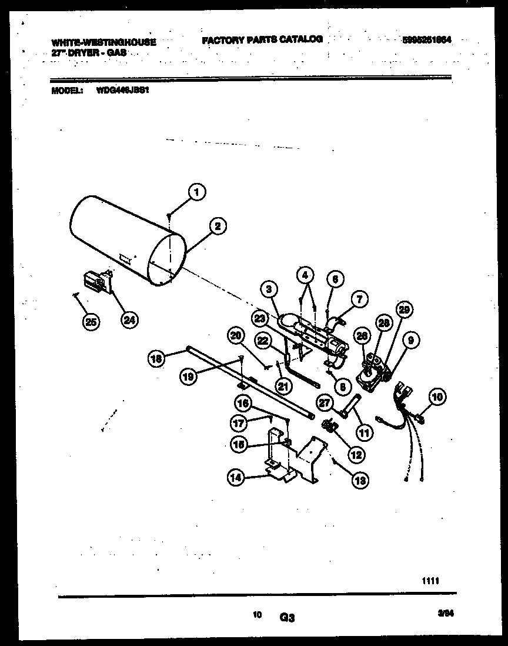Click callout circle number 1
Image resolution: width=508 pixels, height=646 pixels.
tap(198, 191)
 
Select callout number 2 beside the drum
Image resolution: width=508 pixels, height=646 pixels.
tap(218, 226)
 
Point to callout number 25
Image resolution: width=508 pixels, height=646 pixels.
tap(91, 321)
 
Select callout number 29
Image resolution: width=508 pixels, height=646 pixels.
tap(405, 310)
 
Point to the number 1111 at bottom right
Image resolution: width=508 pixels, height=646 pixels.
tap(430, 580)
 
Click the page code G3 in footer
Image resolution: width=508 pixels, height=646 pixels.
tap(287, 618)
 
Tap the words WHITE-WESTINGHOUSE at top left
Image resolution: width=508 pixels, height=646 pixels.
tap(104, 42)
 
